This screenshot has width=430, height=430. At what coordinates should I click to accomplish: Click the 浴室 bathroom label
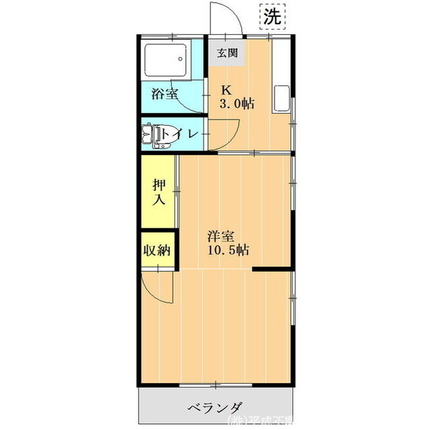[165, 93]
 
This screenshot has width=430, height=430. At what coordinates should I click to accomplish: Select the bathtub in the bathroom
[165, 60]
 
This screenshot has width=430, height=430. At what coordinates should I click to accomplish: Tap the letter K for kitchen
[227, 89]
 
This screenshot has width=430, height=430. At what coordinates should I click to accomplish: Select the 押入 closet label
[159, 191]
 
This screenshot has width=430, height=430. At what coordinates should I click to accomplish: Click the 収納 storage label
[157, 250]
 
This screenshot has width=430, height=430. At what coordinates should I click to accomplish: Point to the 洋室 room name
[220, 236]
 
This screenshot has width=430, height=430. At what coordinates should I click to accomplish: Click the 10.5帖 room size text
[229, 251]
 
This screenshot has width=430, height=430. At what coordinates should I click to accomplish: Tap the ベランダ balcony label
[214, 407]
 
